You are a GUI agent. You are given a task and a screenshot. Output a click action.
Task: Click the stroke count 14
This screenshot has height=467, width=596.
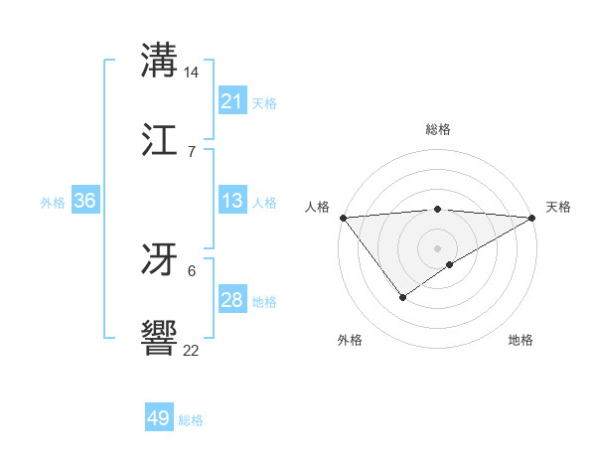(x=192, y=73)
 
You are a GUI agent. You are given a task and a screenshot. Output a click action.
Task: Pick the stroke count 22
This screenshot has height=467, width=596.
(x=192, y=350)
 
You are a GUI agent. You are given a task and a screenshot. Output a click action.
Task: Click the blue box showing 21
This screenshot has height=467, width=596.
(x=232, y=101)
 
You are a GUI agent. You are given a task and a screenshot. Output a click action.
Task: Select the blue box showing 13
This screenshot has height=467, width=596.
(x=232, y=201)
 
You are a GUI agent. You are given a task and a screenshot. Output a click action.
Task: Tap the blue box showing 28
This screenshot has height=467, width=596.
(x=232, y=300)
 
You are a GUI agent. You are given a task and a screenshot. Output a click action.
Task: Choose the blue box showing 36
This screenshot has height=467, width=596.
(x=85, y=201)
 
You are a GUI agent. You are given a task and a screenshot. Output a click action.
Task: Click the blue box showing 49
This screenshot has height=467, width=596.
(x=159, y=419)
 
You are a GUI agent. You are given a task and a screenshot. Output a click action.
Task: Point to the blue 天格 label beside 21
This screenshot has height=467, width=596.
(x=264, y=102)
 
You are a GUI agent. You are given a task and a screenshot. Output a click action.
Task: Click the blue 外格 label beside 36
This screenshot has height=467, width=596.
(x=53, y=202)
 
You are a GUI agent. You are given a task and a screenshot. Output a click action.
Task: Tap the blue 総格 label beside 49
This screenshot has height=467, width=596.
(x=191, y=420)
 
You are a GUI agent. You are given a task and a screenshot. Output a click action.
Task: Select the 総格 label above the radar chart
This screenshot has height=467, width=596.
(x=437, y=129)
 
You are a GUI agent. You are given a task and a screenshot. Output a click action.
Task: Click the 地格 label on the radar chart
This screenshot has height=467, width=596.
(x=521, y=340)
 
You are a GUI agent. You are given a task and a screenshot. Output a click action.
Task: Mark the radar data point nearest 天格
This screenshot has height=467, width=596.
(x=532, y=218)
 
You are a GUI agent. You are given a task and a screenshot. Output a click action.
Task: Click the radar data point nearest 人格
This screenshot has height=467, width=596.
(x=343, y=218)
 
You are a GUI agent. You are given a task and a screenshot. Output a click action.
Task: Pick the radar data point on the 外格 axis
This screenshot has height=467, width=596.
(x=403, y=296)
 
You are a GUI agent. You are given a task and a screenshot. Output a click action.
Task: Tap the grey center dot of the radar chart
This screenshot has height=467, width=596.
(x=437, y=247)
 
